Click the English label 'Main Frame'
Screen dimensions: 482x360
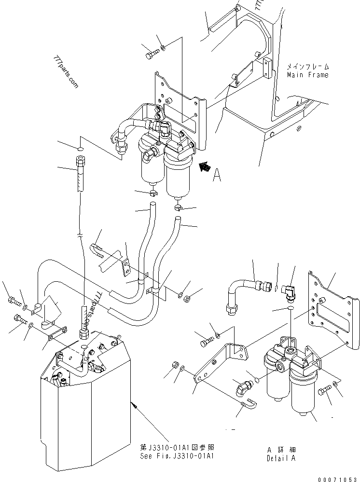[x=307, y=75]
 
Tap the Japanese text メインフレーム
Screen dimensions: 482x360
[x=307, y=67]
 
